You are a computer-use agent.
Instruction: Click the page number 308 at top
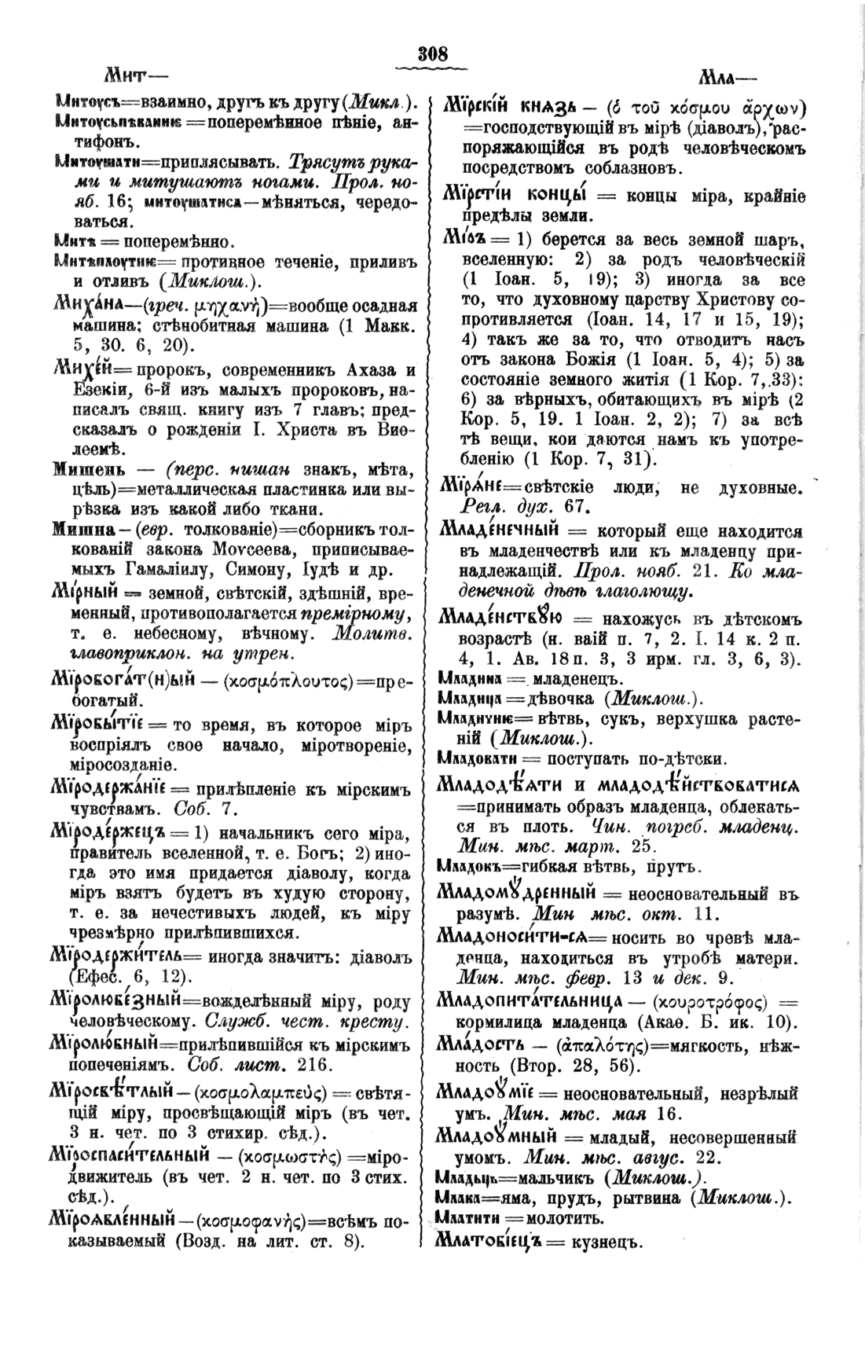point(433,54)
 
